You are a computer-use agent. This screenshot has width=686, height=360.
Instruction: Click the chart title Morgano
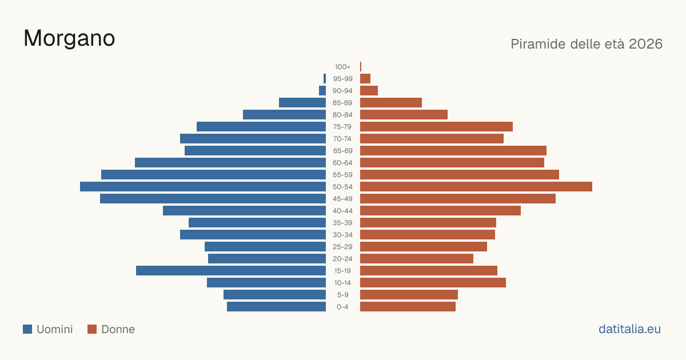[69, 38]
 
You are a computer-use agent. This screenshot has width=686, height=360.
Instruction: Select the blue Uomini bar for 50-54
[203, 187]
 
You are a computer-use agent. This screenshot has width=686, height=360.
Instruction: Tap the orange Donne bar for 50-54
[476, 187]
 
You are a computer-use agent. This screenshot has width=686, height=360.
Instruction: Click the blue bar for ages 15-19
[231, 271]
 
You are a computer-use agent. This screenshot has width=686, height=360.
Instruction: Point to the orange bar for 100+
[361, 67]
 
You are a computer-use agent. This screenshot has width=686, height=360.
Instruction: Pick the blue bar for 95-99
[325, 79]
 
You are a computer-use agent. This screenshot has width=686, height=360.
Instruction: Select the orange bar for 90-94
[369, 91]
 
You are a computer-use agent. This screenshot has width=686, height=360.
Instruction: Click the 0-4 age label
[342, 307]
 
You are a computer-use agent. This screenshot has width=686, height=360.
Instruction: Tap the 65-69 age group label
[342, 151]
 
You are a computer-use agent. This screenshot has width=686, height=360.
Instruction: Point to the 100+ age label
[342, 67]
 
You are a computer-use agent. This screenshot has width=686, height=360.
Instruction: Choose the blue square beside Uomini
[27, 329]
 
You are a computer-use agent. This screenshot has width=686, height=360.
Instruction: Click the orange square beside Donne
[92, 329]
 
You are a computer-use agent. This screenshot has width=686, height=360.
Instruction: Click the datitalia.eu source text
[629, 329]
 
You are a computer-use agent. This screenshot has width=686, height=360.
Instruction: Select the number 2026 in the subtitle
[645, 44]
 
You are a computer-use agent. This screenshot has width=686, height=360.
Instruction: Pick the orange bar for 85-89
[391, 102]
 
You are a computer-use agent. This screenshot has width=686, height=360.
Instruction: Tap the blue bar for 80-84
[285, 115]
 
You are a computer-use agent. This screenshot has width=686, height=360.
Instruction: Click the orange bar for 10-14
[433, 282]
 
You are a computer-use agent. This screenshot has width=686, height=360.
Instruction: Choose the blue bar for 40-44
[245, 211]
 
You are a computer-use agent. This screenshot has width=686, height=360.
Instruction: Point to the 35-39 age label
[342, 222]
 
